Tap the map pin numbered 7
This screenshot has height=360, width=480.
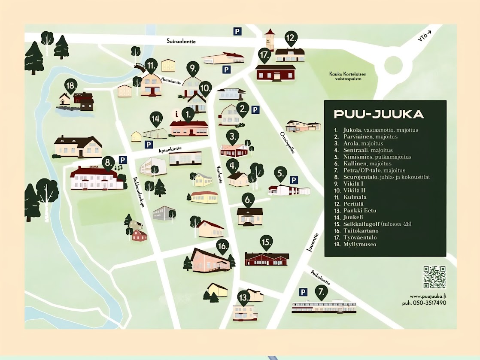pyautogui.click(x=321, y=292)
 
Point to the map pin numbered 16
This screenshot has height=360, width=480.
pyautogui.click(x=222, y=246)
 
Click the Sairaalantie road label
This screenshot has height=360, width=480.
pyautogui.click(x=181, y=41)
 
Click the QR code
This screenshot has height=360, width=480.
pyautogui.click(x=434, y=277)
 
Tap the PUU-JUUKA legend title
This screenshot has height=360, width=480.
pyautogui.click(x=379, y=114)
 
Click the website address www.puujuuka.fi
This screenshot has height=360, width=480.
pyautogui.click(x=428, y=296)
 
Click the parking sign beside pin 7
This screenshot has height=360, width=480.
pyautogui.click(x=303, y=292)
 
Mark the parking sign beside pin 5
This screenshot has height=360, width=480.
pyautogui.click(x=294, y=180)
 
